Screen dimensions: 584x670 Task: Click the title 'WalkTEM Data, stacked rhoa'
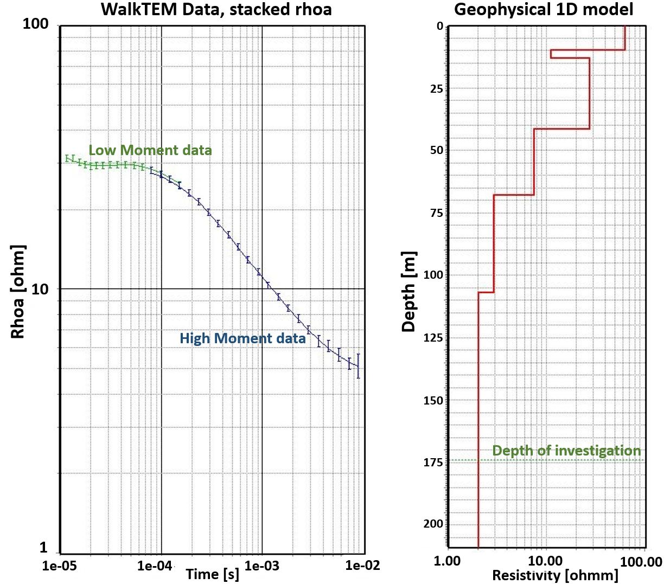click(x=216, y=9)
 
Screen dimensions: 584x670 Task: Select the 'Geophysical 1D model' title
click(x=543, y=9)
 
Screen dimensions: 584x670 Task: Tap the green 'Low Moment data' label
click(x=150, y=150)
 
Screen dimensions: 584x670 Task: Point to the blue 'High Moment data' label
click(x=243, y=338)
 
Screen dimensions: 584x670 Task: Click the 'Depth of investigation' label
click(x=566, y=451)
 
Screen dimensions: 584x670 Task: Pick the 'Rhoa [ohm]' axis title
click(x=18, y=292)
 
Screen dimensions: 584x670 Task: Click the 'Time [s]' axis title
click(x=212, y=574)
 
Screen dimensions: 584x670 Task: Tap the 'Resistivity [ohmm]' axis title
click(x=555, y=575)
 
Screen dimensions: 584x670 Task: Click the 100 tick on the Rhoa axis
click(x=36, y=24)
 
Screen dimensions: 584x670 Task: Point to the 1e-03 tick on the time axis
click(x=262, y=566)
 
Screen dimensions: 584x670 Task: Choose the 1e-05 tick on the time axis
click(x=60, y=566)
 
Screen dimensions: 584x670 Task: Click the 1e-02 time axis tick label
click(x=363, y=566)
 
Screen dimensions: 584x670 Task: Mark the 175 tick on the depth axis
click(x=433, y=463)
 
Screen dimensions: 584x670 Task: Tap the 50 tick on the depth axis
click(x=436, y=150)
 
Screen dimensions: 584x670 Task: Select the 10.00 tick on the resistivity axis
click(x=545, y=561)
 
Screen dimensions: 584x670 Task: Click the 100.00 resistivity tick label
click(x=641, y=561)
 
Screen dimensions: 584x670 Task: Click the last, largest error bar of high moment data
click(x=358, y=366)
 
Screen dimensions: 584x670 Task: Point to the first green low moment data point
click(x=67, y=158)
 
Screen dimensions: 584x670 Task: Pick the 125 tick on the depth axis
click(x=433, y=338)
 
